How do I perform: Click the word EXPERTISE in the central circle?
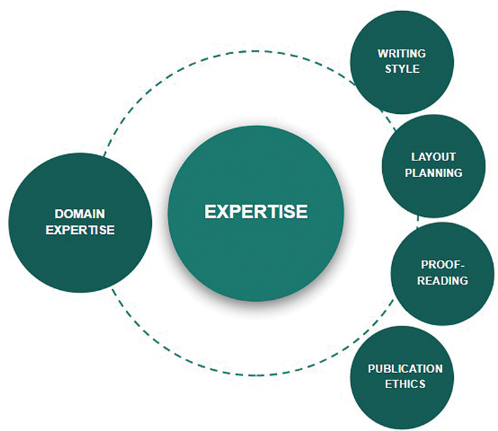[x=256, y=211]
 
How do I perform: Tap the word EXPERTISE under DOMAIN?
[x=80, y=229]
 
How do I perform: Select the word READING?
[x=443, y=280]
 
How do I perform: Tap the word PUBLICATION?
[x=405, y=368]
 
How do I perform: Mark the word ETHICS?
[x=405, y=384]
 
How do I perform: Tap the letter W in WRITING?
[x=380, y=53]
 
